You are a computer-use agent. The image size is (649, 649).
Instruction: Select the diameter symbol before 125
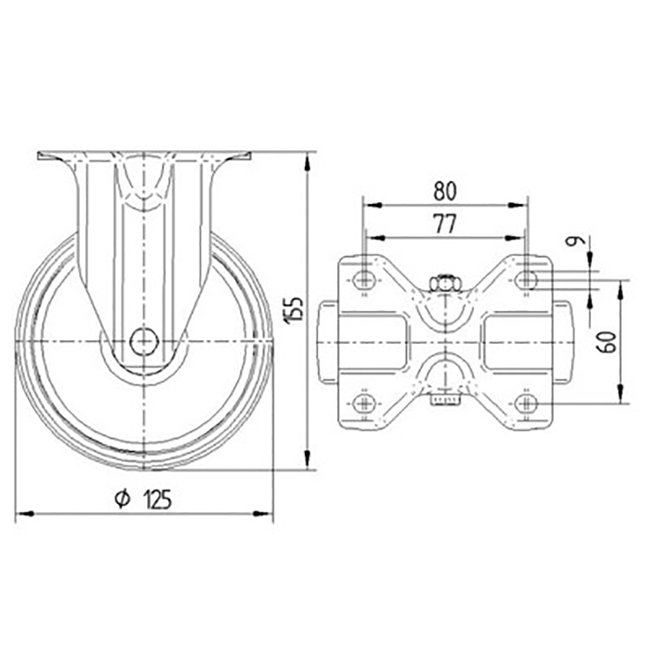click(x=122, y=498)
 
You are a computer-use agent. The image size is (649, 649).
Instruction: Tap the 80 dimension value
click(x=445, y=190)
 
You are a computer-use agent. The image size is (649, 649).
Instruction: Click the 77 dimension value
click(x=445, y=224)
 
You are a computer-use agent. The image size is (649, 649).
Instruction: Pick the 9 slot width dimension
click(x=574, y=244)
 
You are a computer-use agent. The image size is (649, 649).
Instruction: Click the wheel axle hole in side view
click(x=144, y=341)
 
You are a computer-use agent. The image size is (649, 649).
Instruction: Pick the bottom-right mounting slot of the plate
click(x=527, y=402)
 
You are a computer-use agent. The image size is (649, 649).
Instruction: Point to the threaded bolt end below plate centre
click(x=446, y=399)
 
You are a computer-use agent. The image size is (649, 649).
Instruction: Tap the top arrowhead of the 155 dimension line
click(x=309, y=160)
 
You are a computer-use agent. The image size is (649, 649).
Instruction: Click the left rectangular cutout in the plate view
click(x=374, y=341)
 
